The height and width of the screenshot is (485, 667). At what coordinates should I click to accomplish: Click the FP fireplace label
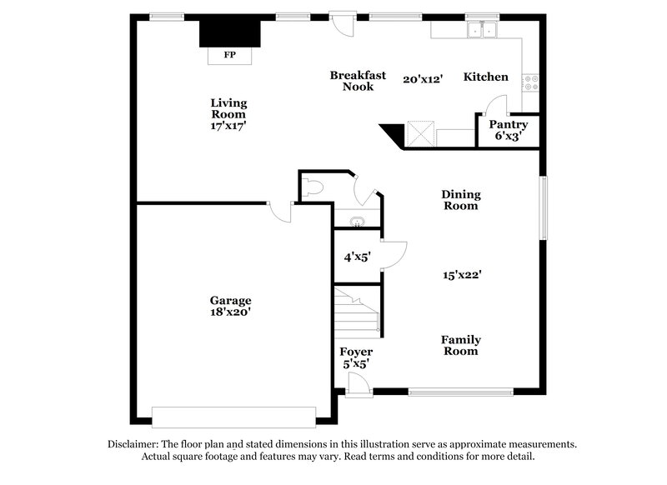click(229, 56)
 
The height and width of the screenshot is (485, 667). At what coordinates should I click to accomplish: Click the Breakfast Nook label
click(358, 80)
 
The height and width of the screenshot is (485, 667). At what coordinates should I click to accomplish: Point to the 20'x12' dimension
click(422, 78)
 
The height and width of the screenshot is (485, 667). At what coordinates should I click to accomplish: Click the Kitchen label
click(486, 77)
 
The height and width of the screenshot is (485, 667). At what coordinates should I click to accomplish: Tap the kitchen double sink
click(482, 30)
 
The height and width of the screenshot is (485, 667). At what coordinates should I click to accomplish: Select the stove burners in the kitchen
click(530, 82)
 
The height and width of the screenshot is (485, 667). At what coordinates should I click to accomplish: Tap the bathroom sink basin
click(358, 222)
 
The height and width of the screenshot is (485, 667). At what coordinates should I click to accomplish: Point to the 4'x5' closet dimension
click(356, 257)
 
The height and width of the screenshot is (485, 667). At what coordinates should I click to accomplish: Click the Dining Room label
click(461, 200)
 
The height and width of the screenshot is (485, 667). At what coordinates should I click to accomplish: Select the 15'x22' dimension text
click(462, 273)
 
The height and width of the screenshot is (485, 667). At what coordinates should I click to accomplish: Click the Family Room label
click(461, 345)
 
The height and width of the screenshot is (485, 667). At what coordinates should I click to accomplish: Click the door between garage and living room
click(279, 212)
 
